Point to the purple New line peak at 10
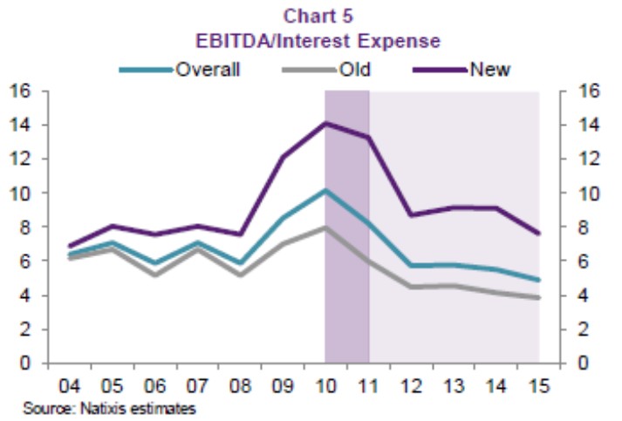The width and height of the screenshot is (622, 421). coord(325,123)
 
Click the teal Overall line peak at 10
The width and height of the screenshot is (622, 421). coord(325,190)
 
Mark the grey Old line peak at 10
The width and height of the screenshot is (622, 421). coord(325,227)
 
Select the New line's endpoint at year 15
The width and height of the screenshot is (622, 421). coord(538,233)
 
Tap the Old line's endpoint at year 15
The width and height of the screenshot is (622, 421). coord(538,298)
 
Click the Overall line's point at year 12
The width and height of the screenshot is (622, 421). coord(410,265)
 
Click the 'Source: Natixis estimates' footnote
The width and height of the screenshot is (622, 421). coord(109,408)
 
